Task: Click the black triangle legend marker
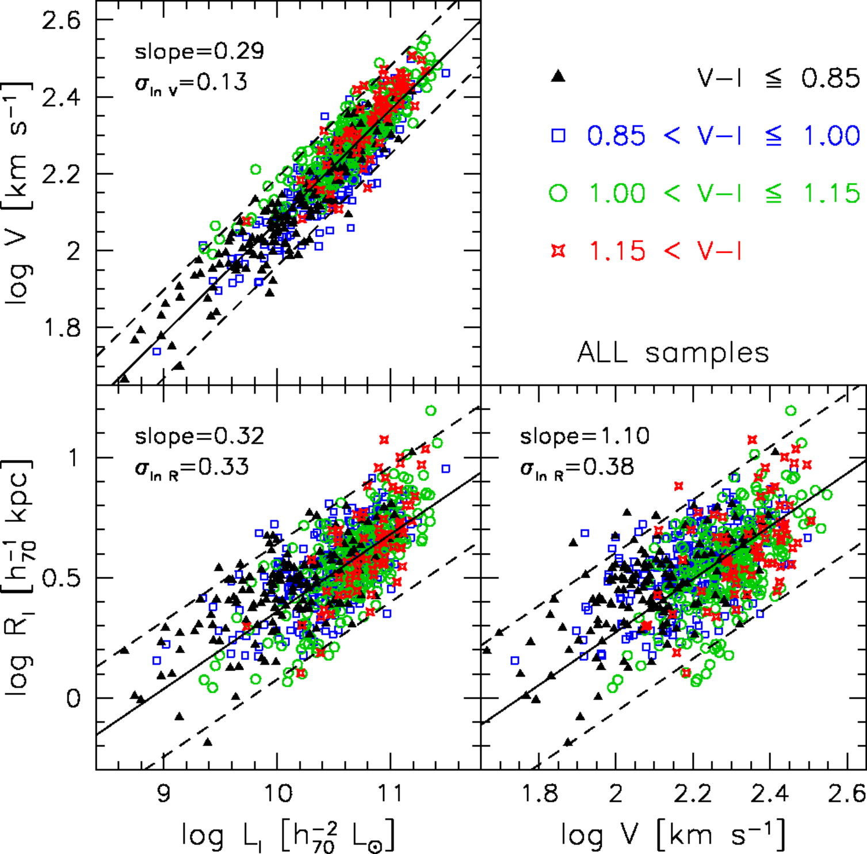(x=557, y=77)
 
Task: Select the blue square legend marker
(x=558, y=135)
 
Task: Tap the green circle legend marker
(x=558, y=193)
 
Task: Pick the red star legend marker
(x=558, y=251)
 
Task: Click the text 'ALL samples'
(x=673, y=352)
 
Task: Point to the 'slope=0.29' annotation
(x=199, y=52)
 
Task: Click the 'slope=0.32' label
(x=199, y=436)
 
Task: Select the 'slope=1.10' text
(x=585, y=436)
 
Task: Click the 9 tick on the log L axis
(x=164, y=794)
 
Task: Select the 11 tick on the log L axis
(x=391, y=794)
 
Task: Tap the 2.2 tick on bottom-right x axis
(x=693, y=794)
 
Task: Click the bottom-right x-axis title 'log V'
(x=673, y=834)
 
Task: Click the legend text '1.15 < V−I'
(x=664, y=251)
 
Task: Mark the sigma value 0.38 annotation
(x=577, y=466)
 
